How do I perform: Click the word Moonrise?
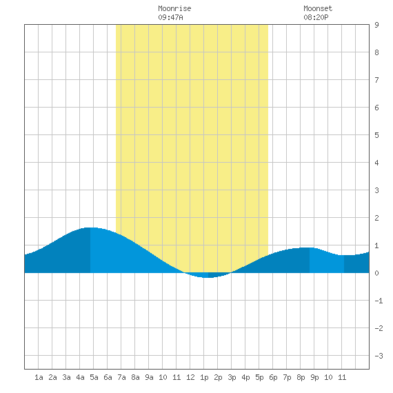click(x=174, y=8)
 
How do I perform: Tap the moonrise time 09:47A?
click(x=170, y=17)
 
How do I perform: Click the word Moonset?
click(x=318, y=8)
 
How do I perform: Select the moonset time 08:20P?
click(x=316, y=17)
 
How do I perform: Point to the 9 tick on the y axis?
click(x=376, y=25)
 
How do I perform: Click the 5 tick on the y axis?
click(x=376, y=135)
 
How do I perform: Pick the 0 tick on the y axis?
click(x=376, y=273)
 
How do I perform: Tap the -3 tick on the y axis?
click(x=379, y=356)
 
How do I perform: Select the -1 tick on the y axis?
click(x=379, y=301)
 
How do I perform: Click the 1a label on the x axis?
click(x=39, y=377)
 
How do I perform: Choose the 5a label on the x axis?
click(x=94, y=377)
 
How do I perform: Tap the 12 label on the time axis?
click(x=190, y=377)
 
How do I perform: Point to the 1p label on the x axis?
click(x=204, y=377)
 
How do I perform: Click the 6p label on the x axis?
click(x=273, y=377)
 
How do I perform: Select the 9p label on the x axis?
click(x=314, y=377)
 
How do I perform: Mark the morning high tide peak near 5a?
click(x=90, y=228)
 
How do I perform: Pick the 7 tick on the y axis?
click(x=376, y=80)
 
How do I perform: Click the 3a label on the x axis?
click(x=66, y=377)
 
